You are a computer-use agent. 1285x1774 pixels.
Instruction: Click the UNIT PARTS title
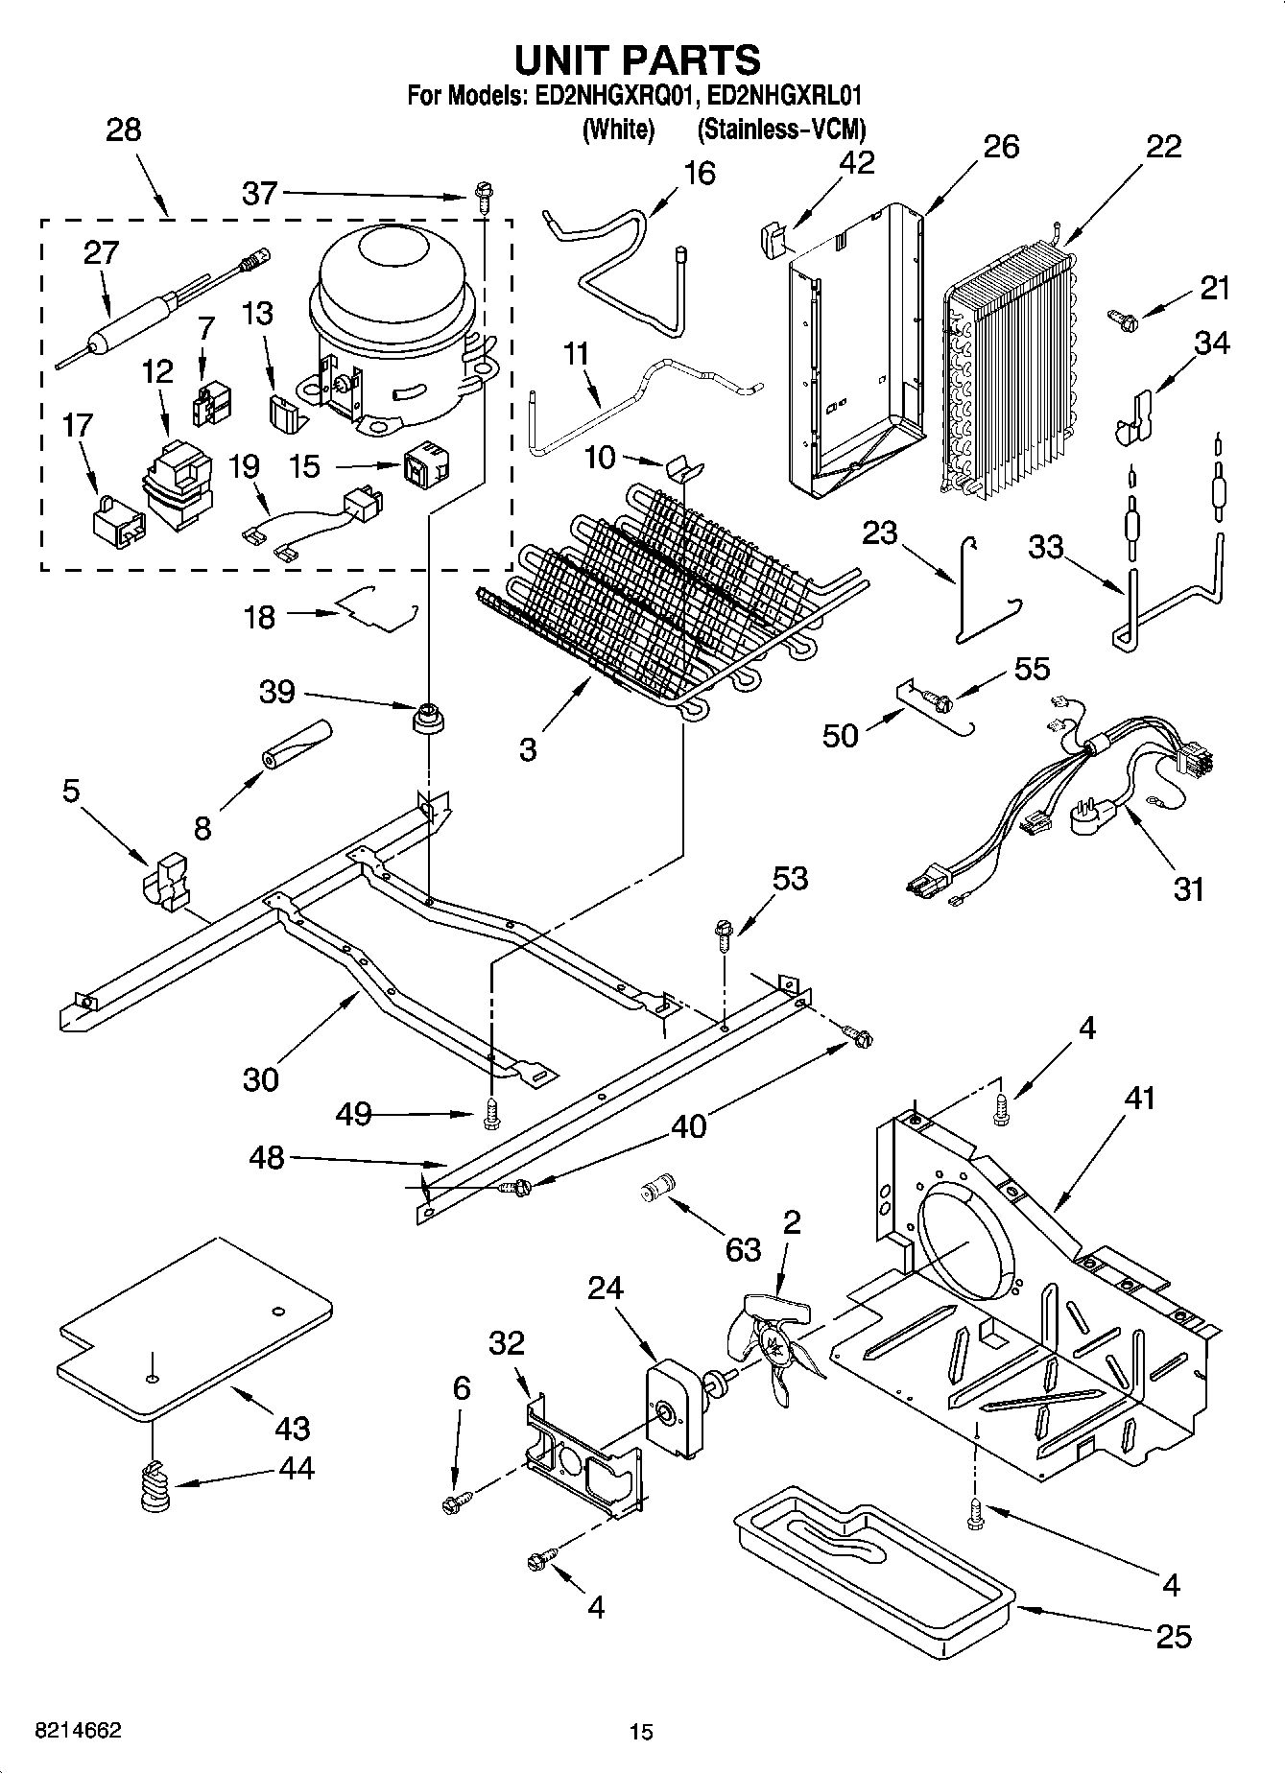point(637,59)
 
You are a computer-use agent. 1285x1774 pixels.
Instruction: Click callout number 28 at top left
point(124,130)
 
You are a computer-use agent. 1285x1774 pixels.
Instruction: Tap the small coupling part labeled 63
point(658,1189)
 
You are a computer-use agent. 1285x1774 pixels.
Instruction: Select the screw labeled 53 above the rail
point(725,932)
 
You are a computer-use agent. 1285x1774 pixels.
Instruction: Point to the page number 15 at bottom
point(641,1732)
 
